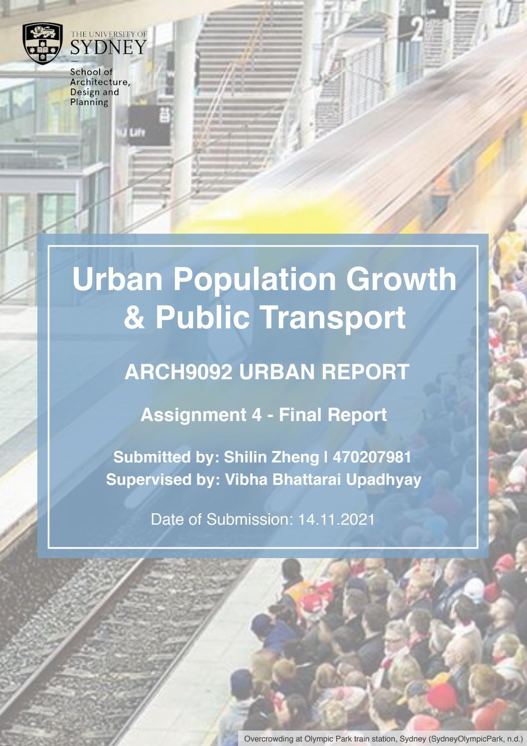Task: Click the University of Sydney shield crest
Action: (43, 44)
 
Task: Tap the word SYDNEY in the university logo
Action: (108, 48)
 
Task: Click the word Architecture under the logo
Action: (100, 82)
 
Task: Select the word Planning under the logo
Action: (89, 102)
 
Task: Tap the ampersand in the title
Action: (133, 317)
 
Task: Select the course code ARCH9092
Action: (178, 372)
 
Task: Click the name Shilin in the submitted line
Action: (247, 457)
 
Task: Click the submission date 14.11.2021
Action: (336, 519)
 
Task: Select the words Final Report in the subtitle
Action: (333, 415)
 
